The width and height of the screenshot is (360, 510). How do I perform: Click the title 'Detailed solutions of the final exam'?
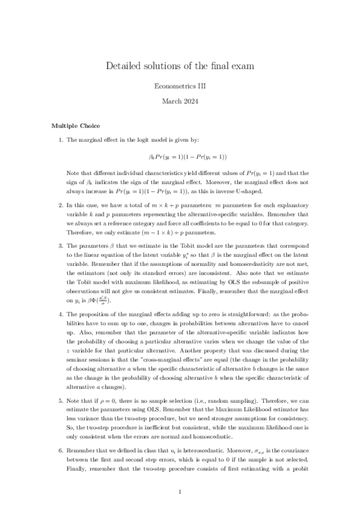[x=180, y=65]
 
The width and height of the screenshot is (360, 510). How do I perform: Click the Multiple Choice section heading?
[x=75, y=126]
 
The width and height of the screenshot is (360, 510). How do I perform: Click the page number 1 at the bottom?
[x=180, y=491]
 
